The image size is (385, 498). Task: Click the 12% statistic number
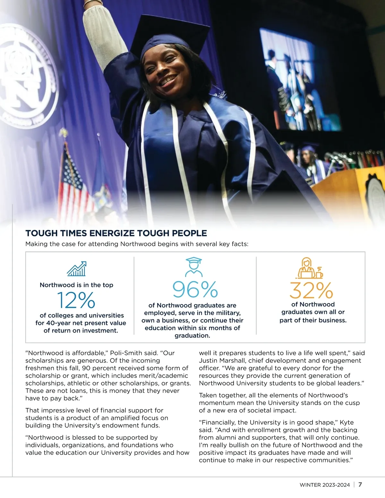pyautogui.click(x=76, y=300)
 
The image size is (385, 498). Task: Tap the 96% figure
pyautogui.click(x=195, y=289)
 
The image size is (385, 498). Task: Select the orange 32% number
pyautogui.click(x=311, y=291)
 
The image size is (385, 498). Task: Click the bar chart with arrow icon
pyautogui.click(x=77, y=269)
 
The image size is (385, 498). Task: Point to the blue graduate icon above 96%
pyautogui.click(x=194, y=267)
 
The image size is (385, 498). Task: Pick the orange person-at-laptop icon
pyautogui.click(x=309, y=268)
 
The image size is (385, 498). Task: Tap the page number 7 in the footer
pyautogui.click(x=360, y=485)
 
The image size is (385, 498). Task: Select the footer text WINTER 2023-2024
pyautogui.click(x=325, y=485)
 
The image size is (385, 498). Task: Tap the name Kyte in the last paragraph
pyautogui.click(x=346, y=423)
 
